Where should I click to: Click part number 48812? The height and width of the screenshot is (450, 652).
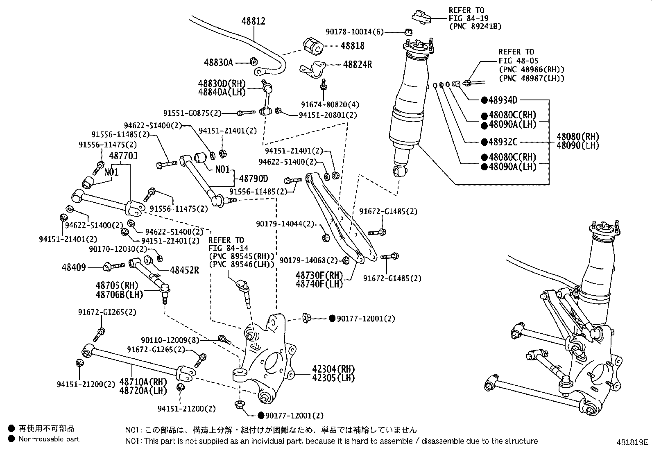(253, 21)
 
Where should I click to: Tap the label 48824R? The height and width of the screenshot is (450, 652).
(357, 64)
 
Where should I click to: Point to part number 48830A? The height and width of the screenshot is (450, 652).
(218, 62)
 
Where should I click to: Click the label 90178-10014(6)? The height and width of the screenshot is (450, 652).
(355, 32)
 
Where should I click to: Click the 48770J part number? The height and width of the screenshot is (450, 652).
(123, 156)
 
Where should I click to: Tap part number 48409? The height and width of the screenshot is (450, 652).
(74, 267)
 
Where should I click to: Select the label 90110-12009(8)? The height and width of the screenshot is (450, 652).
(170, 340)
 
